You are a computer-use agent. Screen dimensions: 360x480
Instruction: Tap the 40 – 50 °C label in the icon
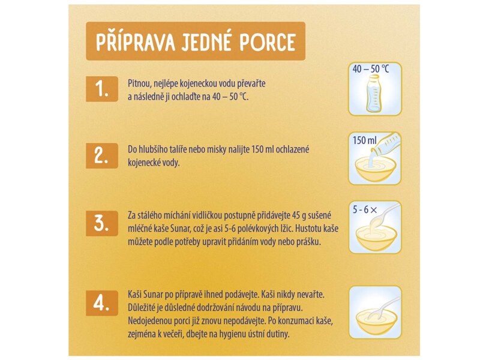tap(371, 70)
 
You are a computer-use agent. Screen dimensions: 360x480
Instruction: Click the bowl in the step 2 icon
tap(375, 170)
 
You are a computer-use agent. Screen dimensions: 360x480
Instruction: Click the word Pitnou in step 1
tap(139, 83)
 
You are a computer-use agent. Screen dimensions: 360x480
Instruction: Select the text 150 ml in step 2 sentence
tap(278, 149)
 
